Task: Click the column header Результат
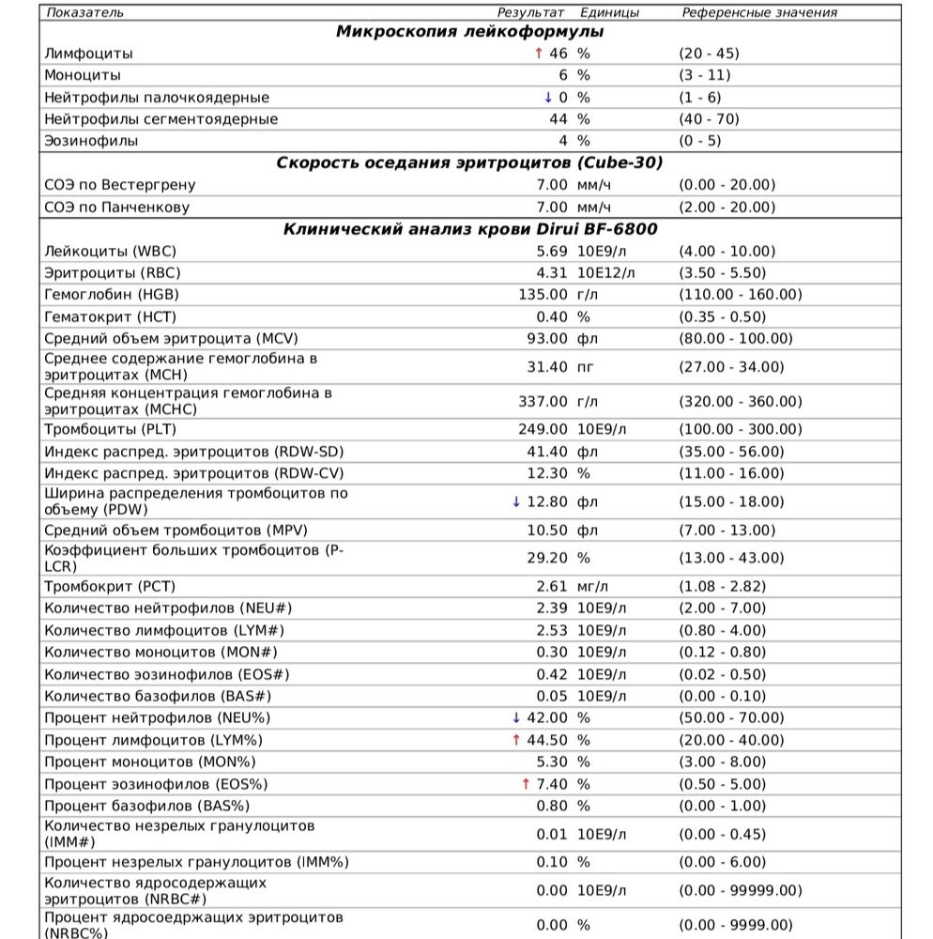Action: coord(530,12)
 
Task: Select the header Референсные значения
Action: coord(759,12)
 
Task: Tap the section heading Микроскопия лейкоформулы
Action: coord(469,32)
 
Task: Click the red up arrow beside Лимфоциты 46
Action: coord(538,54)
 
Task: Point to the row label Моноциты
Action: coord(83,75)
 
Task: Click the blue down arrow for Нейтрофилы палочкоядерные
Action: coord(548,98)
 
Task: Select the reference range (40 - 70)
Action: coord(709,119)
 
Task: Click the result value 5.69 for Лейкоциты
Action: coord(552,251)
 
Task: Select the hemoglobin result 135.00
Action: coord(543,295)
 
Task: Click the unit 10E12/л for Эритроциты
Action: coord(605,272)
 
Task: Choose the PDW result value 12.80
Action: coord(547,501)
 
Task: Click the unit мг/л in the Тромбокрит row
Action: coord(593,587)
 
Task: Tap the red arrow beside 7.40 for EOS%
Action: coord(516,783)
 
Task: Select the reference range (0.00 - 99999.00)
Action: coord(741,890)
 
